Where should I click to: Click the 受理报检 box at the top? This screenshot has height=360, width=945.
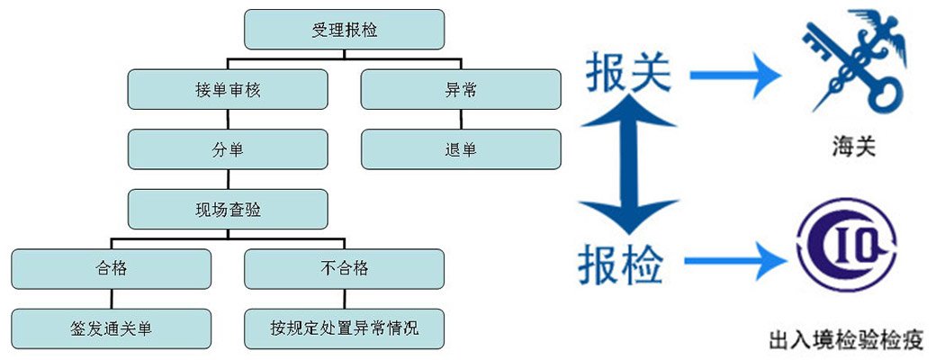344,29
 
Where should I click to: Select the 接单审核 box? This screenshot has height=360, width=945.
227,89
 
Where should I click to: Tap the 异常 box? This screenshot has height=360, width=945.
461,89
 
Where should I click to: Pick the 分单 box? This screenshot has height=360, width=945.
227,148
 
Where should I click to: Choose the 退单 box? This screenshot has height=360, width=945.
461,148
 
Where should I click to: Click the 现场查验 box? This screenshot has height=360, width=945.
227,209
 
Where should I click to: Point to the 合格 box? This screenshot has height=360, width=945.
111,268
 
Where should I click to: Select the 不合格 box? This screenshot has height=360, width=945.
344,268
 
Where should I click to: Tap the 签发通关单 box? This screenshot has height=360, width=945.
111,328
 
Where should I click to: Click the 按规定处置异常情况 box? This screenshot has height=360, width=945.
344,328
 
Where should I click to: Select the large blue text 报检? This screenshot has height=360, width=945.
621,264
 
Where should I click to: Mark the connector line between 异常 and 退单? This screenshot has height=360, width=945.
461,119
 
